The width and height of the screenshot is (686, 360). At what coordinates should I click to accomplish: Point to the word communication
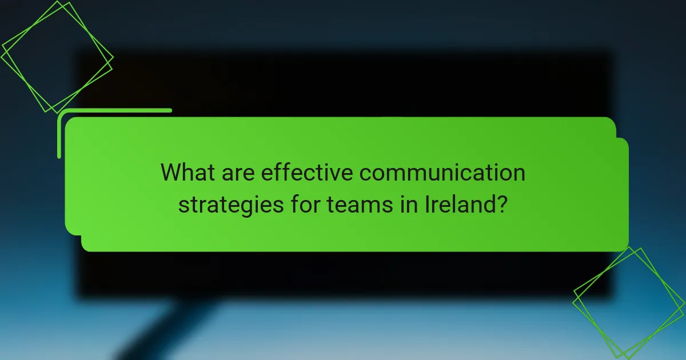(442, 172)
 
